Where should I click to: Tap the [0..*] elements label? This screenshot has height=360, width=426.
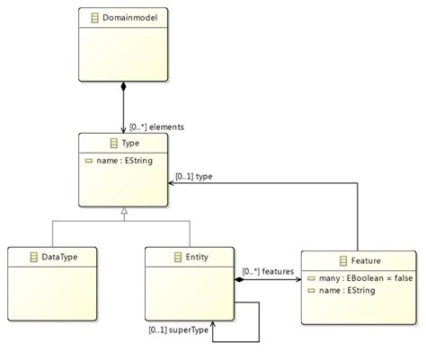[x=156, y=127]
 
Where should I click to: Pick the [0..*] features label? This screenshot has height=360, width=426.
[x=268, y=270]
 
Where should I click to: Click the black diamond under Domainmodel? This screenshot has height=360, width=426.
[x=123, y=88]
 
